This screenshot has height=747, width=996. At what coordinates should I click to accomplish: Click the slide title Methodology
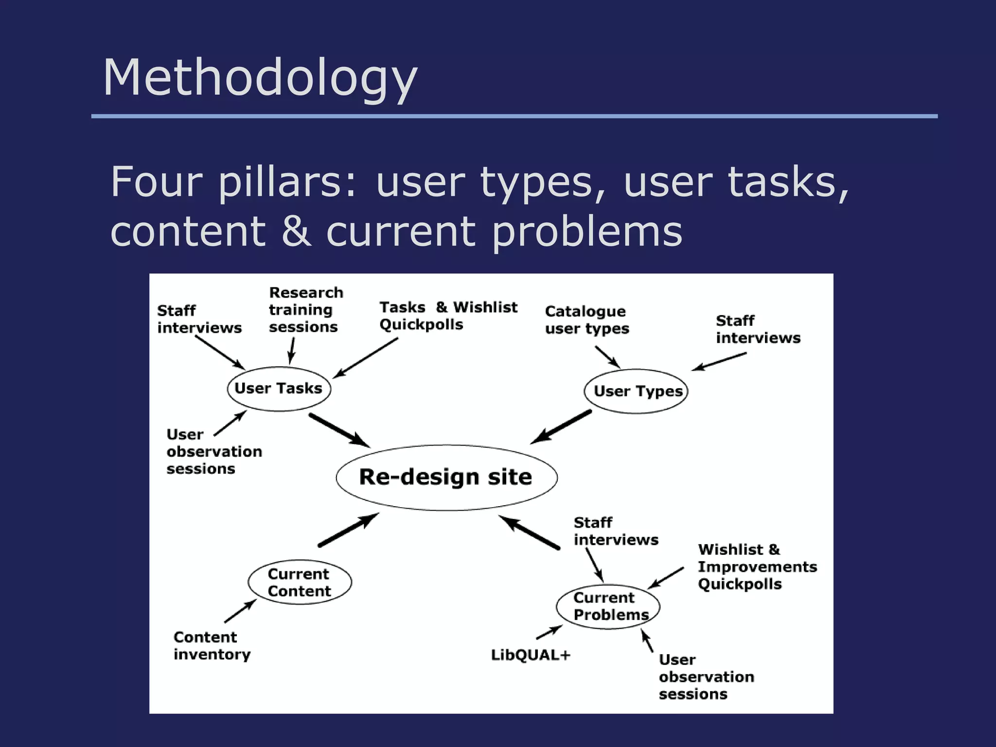pyautogui.click(x=260, y=78)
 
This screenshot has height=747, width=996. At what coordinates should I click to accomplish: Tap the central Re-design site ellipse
pyautogui.click(x=446, y=477)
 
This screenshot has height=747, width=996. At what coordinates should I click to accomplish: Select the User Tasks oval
pyautogui.click(x=279, y=389)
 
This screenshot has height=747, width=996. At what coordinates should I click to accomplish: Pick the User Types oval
pyautogui.click(x=636, y=391)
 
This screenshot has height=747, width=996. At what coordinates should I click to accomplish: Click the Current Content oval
pyautogui.click(x=300, y=582)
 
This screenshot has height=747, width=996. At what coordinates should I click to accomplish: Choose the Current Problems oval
pyautogui.click(x=608, y=606)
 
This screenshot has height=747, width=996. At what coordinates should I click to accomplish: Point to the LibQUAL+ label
pyautogui.click(x=530, y=655)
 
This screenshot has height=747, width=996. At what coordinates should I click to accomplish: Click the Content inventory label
pyautogui.click(x=212, y=645)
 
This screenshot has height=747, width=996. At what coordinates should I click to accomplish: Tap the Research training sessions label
pyautogui.click(x=305, y=310)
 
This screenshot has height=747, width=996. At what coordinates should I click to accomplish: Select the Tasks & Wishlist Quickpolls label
pyautogui.click(x=447, y=316)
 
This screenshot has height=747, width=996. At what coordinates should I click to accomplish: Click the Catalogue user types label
pyautogui.click(x=587, y=320)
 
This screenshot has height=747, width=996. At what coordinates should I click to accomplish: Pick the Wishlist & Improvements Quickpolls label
pyautogui.click(x=757, y=567)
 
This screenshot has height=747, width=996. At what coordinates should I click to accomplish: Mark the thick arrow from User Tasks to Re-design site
pyautogui.click(x=339, y=430)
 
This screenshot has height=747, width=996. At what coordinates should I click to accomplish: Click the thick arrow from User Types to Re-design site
pyautogui.click(x=561, y=427)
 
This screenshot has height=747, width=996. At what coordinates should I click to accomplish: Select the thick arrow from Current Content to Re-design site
pyautogui.click(x=348, y=530)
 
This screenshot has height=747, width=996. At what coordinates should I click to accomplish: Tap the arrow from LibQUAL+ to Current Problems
pyautogui.click(x=550, y=632)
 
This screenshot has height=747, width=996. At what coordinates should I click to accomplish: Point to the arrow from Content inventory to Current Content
pyautogui.click(x=241, y=611)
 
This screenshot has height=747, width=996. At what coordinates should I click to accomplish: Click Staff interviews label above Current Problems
pyautogui.click(x=615, y=531)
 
